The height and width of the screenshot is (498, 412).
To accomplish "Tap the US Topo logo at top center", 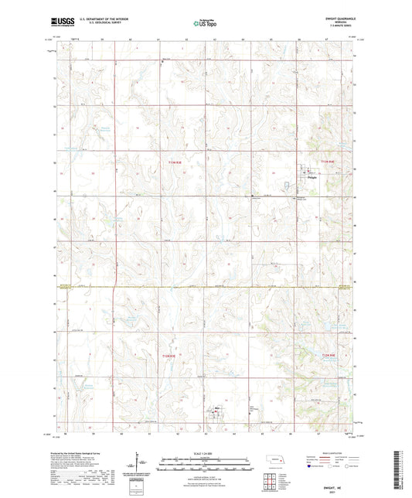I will click(x=205, y=23).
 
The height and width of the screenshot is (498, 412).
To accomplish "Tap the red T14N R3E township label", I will click(x=175, y=162).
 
